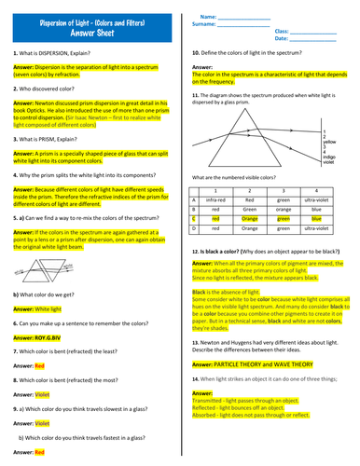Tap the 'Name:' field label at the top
point(208,16)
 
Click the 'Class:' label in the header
point(283,31)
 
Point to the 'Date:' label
point(282,39)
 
